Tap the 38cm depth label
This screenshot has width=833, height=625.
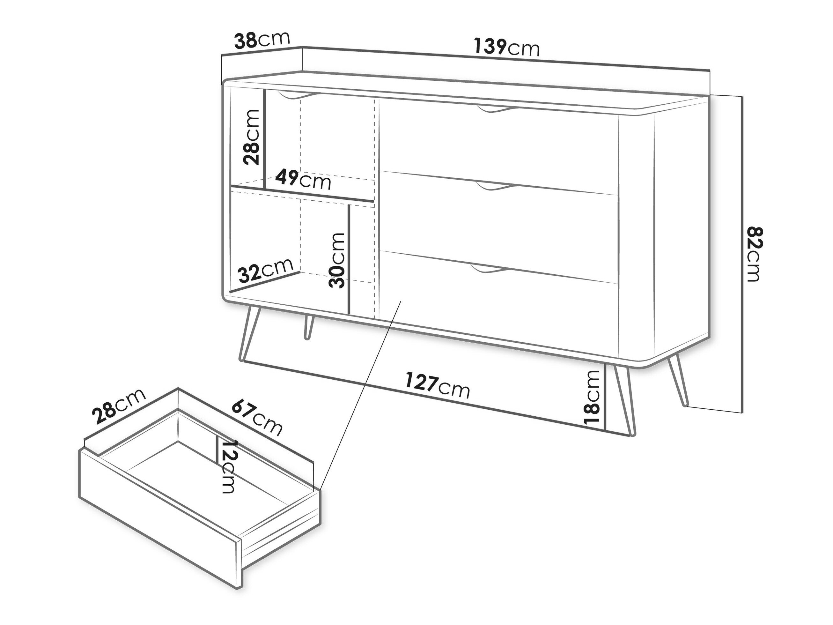[262, 40]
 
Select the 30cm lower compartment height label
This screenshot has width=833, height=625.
[336, 260]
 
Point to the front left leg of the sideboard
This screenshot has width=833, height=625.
[250, 334]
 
